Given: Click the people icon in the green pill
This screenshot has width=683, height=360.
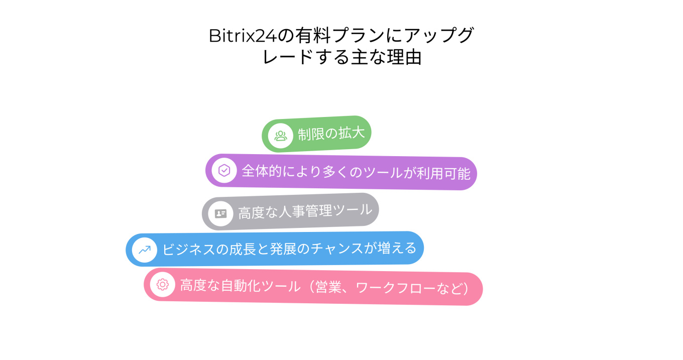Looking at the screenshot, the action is coord(281,136).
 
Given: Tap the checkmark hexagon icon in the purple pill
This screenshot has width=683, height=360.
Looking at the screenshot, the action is coord(224,170).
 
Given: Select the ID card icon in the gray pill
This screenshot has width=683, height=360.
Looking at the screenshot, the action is coord(220,214).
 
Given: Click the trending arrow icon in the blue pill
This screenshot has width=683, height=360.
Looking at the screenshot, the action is coord(145,250).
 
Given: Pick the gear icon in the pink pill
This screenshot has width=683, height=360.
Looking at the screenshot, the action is coord(163,284).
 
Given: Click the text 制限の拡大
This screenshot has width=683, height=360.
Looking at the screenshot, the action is coord(331,134).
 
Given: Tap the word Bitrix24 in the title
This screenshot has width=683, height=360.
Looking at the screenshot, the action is coord(243,36).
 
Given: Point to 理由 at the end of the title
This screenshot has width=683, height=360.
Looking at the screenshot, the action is coord(404,57).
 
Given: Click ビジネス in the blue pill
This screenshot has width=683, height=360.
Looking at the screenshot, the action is coord(189,250).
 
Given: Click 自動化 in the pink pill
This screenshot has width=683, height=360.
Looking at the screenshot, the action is coord(241,286).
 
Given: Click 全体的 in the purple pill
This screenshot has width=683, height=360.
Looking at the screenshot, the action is coord(262,171).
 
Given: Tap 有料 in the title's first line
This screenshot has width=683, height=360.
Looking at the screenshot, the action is coord(313,35).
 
